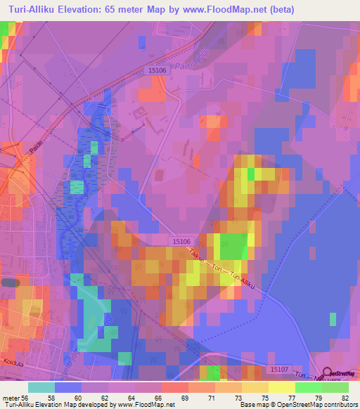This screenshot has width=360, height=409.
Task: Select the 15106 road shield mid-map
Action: click(181, 241)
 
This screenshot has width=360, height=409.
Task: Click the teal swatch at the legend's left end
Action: click(41, 387)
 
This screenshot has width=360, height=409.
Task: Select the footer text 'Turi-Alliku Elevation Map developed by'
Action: click(59, 405)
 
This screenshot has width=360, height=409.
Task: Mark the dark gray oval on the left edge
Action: click(9, 282)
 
